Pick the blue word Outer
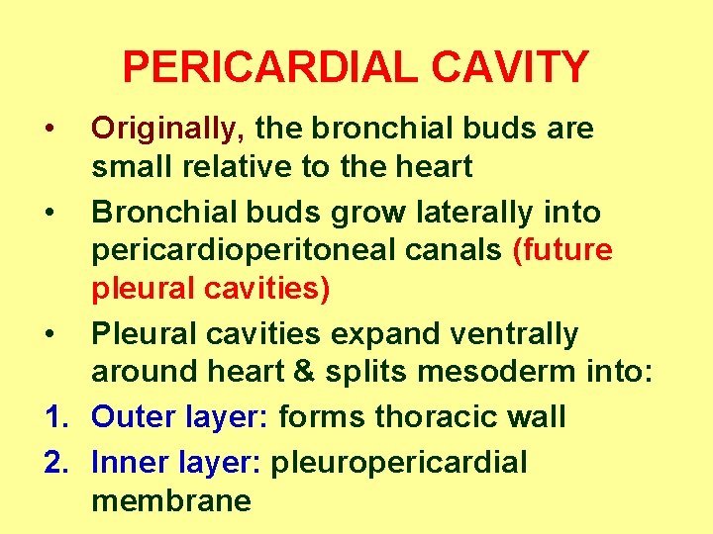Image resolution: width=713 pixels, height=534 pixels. [x=133, y=417]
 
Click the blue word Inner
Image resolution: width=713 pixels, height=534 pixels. [x=131, y=461]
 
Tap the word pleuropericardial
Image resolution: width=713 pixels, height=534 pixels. [x=399, y=462]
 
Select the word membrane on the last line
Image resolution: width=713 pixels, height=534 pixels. [x=170, y=500]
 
